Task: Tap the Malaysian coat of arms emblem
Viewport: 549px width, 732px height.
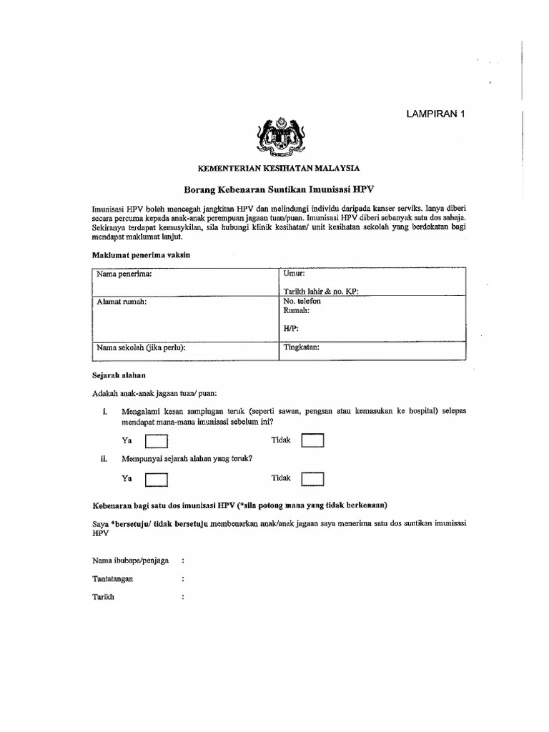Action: pos(280,137)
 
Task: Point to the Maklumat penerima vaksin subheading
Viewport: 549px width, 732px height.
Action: pos(141,255)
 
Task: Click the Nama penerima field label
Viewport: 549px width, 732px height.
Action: pos(124,274)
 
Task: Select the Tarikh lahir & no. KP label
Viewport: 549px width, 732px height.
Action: pos(321,291)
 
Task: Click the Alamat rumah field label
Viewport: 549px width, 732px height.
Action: pos(122,302)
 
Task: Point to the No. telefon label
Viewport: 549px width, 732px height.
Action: pos(302,302)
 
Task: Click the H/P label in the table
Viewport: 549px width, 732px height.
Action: pos(291,329)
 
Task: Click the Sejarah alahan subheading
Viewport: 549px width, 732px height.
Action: pos(119,375)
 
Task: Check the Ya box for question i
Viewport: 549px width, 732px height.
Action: pos(157,441)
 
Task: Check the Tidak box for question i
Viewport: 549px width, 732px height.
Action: pos(312,440)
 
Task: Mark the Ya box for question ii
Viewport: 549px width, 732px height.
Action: pos(157,478)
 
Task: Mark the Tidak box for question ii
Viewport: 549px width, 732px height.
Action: pos(312,478)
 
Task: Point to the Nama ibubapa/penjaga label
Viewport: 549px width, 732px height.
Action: pos(130,560)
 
